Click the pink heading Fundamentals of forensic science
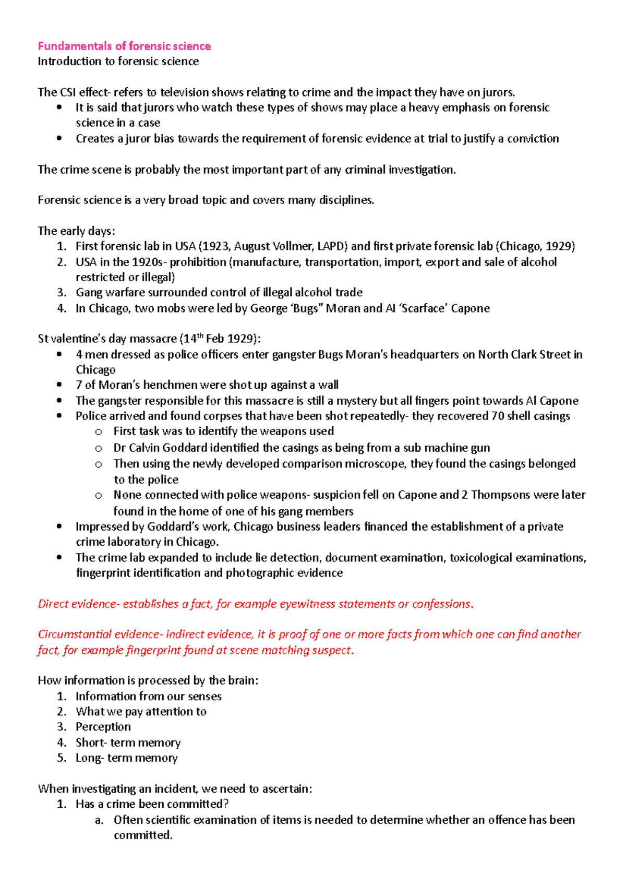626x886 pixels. [124, 46]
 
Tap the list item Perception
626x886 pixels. [103, 727]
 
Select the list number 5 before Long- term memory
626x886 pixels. [62, 758]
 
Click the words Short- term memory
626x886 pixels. [128, 743]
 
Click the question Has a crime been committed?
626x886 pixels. [152, 804]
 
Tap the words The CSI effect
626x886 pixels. [71, 92]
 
